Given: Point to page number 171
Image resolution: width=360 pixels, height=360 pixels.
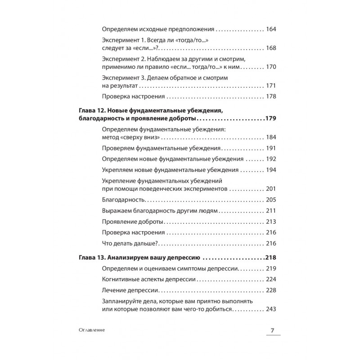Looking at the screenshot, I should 271,85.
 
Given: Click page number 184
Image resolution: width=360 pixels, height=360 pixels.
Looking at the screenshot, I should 271,138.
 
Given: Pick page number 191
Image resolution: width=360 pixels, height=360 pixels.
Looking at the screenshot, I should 271,148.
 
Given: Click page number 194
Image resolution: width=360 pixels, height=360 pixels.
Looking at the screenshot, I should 271,170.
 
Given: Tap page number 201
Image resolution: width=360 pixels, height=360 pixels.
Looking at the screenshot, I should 271,189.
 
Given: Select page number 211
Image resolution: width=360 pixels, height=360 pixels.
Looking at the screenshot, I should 271,211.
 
